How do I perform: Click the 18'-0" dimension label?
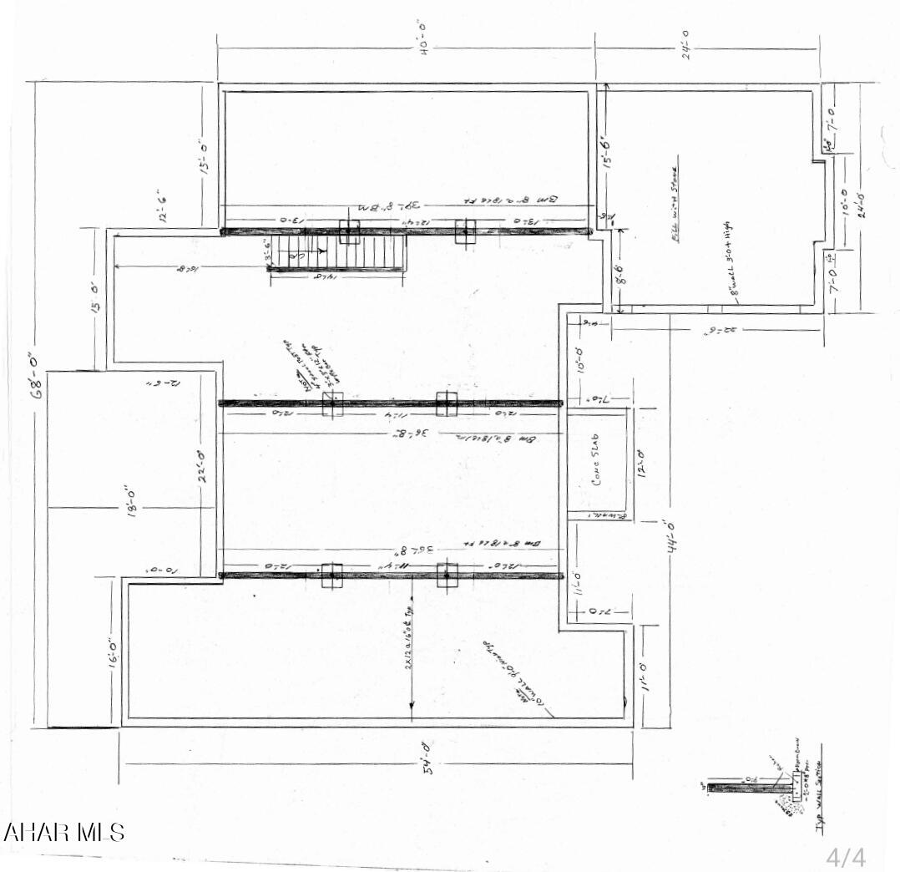(x=128, y=504)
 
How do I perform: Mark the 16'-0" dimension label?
(x=114, y=653)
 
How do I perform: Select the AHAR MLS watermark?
(x=64, y=833)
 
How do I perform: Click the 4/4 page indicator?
(x=846, y=857)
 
